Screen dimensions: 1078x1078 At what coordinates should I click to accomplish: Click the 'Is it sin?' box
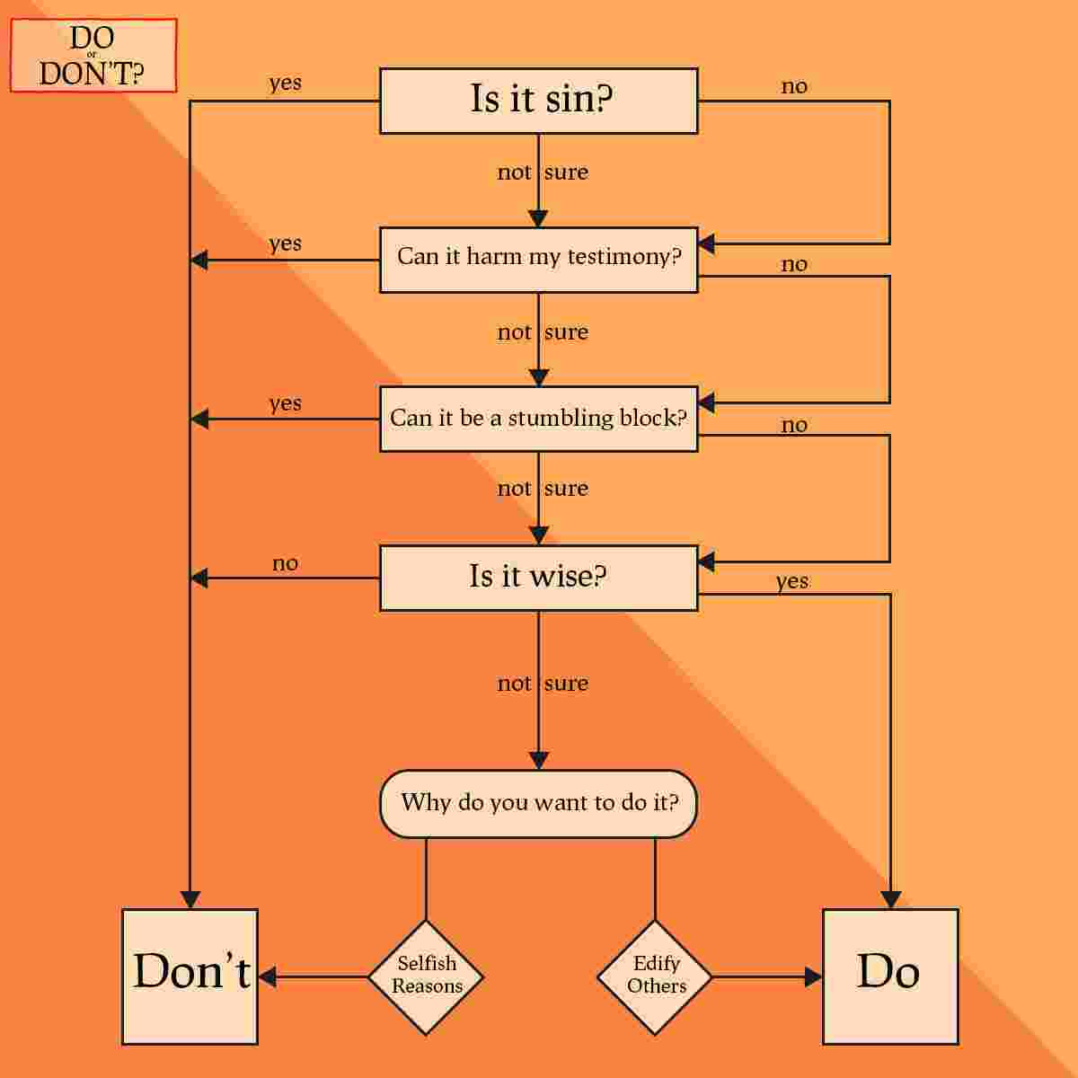point(538,101)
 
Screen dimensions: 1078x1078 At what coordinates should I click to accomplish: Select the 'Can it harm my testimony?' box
point(538,260)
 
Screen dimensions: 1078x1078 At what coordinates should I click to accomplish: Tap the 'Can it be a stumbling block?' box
point(538,419)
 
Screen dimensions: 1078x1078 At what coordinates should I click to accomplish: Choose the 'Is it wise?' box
point(538,578)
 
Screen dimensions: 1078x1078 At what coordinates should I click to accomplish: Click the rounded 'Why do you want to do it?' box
point(538,803)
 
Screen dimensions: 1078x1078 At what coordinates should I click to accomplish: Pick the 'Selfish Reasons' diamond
point(426,976)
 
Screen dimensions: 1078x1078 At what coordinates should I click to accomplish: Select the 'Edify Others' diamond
point(655,976)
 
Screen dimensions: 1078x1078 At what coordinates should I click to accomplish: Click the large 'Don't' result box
point(190,976)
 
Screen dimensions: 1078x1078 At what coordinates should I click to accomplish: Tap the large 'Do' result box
point(889,976)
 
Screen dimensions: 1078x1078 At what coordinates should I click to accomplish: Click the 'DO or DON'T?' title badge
point(93,56)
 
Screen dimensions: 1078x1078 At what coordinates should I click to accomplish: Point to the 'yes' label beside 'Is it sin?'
point(285,84)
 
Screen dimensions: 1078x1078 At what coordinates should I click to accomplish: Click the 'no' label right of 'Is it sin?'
point(794,87)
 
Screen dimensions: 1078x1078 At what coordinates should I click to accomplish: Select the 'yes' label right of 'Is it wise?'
point(792,582)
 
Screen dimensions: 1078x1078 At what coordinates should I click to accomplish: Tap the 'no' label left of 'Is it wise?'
point(285,564)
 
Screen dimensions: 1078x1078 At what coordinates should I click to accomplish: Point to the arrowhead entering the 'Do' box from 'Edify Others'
point(814,976)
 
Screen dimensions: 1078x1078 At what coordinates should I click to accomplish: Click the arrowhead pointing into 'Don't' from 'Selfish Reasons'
point(267,976)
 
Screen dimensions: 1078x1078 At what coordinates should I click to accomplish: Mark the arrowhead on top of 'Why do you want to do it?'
point(538,760)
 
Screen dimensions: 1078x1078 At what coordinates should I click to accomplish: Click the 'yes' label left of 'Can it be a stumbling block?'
point(285,404)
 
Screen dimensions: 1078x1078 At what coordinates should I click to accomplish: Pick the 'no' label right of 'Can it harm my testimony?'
point(794,265)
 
